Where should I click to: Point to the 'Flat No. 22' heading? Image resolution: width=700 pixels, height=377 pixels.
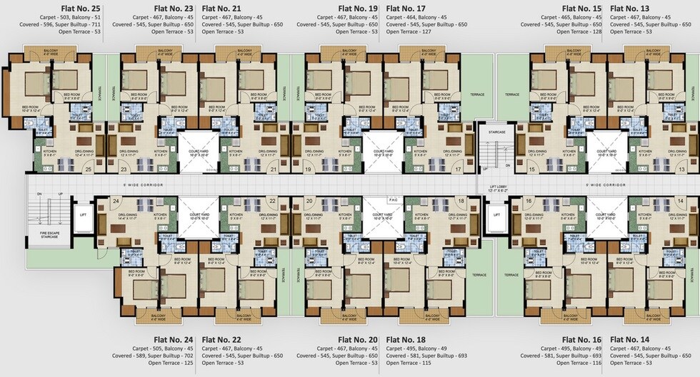221,339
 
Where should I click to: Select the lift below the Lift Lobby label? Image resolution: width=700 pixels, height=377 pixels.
496,215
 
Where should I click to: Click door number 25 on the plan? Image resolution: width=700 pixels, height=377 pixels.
89,170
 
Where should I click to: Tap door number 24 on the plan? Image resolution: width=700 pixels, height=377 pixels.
116,202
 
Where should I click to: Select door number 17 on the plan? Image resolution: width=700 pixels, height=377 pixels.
457,170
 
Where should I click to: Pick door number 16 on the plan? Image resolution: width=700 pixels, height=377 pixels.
529,202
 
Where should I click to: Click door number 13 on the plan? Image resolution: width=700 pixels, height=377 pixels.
681,170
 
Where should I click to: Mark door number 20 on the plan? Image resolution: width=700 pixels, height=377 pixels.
309,202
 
